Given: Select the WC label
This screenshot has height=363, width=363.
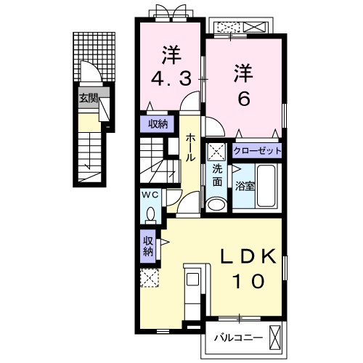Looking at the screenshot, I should [x=151, y=195].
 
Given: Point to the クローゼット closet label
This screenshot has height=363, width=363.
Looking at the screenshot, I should [x=257, y=151].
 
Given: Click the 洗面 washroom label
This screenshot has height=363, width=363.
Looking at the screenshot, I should [x=216, y=176].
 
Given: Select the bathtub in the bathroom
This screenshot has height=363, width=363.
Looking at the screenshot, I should [x=267, y=187].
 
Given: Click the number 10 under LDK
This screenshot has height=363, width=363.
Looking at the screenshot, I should [x=245, y=280].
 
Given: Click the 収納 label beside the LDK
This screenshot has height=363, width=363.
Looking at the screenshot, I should [x=148, y=246].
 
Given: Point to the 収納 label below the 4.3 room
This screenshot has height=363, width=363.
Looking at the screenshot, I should [x=158, y=124].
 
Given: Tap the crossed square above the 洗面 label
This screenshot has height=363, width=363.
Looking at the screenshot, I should [x=216, y=152].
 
